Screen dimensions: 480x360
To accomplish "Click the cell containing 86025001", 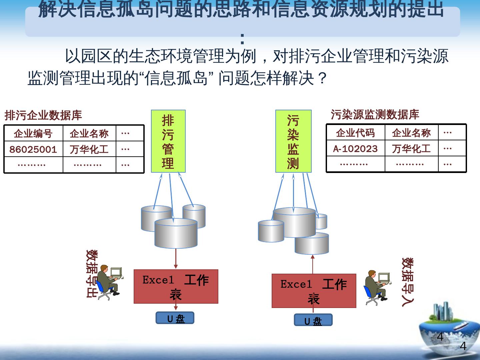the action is point(33,149).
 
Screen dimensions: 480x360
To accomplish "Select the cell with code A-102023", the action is point(355,148).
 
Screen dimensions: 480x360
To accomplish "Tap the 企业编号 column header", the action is point(33,134).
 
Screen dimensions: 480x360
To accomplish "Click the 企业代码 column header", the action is point(355,133).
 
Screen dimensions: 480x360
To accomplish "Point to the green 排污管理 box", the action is point(168,141).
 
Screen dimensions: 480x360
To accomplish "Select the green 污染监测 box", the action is point(293,141).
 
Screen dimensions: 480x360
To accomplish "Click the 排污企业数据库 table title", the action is point(43,115).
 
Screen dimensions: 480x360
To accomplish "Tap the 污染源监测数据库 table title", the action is point(375,114).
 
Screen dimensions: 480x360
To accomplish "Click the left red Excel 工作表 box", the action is point(176,286).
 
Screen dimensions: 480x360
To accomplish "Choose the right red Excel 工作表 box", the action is point(314,291).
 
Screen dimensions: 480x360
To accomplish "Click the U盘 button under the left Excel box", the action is point(175,318).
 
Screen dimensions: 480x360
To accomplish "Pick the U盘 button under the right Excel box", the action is point(313,320).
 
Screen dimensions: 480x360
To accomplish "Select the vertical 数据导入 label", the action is point(407,282).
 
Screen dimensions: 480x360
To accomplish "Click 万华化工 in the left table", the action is point(89,149).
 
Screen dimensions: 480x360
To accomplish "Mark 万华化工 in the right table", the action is point(411,148).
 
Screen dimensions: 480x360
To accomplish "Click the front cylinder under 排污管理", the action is point(176,233).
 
